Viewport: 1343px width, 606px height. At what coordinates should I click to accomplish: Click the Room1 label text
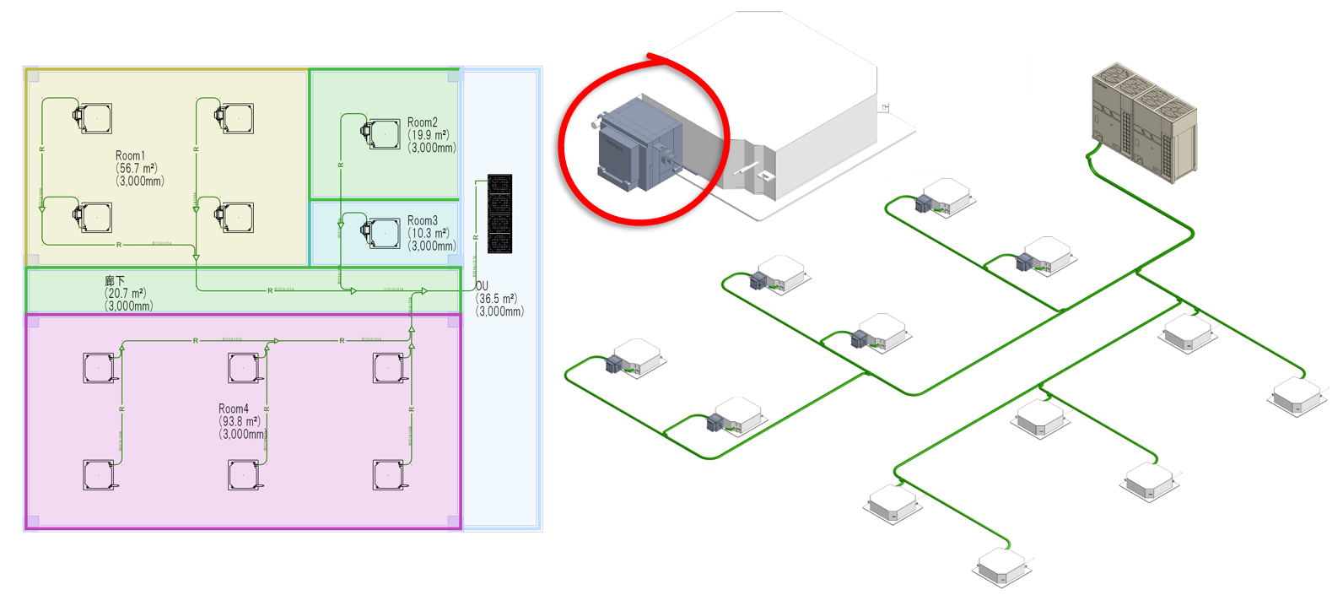[130, 155]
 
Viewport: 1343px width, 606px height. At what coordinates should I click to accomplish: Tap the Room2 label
[422, 122]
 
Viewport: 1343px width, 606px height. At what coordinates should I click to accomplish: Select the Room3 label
[422, 220]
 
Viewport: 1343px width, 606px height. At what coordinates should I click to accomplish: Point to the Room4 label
[234, 409]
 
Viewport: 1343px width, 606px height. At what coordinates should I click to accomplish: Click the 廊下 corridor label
[115, 280]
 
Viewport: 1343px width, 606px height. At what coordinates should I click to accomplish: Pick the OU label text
[482, 286]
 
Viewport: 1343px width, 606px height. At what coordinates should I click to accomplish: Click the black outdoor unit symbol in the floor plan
[499, 214]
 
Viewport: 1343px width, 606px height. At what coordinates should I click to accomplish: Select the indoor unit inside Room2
[383, 133]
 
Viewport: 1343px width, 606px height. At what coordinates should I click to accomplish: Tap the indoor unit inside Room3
[383, 232]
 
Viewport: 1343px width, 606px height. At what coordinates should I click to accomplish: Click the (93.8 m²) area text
[240, 421]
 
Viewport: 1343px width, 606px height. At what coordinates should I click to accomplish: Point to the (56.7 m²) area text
[137, 168]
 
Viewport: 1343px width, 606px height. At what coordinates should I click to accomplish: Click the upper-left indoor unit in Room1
[94, 118]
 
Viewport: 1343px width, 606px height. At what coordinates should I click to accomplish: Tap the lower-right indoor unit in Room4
[389, 475]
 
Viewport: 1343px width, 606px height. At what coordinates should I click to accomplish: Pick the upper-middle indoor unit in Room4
[244, 368]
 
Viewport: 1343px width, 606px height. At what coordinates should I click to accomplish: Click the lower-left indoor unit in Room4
[99, 475]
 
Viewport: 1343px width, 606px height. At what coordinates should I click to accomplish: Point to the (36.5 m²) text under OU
[496, 299]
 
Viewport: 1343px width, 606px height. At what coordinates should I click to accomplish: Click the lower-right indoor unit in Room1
[236, 217]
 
